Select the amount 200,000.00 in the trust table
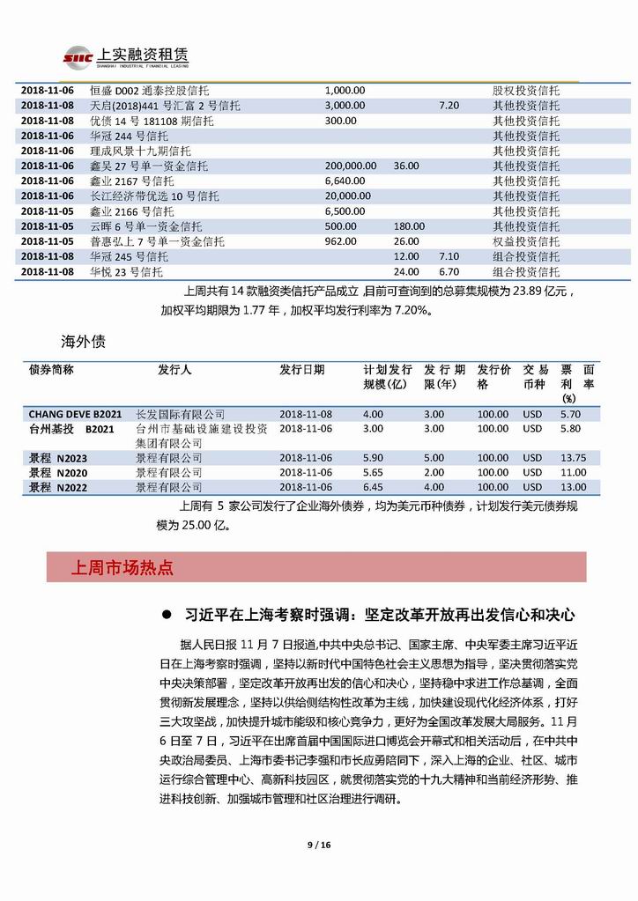pyautogui.click(x=351, y=166)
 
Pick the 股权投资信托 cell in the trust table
pyautogui.click(x=525, y=91)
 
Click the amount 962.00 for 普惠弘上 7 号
pyautogui.click(x=340, y=241)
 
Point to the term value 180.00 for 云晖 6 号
pyautogui.click(x=409, y=226)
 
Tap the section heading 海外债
pyautogui.click(x=78, y=338)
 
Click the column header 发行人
pyautogui.click(x=174, y=369)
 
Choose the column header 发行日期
pyautogui.click(x=301, y=369)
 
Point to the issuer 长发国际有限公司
pyautogui.click(x=181, y=414)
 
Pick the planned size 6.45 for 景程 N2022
pyautogui.click(x=374, y=487)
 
